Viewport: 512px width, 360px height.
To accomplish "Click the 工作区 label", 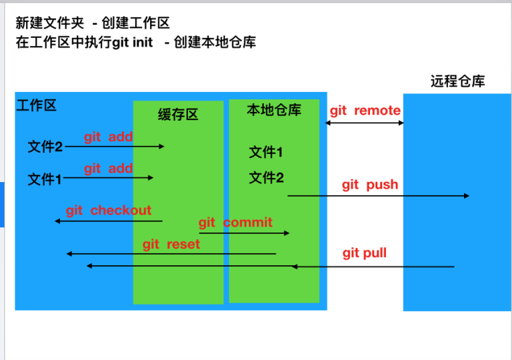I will (36, 105).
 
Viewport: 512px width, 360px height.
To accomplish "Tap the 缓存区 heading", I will (178, 115).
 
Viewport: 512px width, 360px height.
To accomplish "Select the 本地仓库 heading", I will (274, 110).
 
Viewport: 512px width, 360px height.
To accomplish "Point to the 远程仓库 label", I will (457, 82).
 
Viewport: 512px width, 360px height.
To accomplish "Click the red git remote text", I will (365, 111).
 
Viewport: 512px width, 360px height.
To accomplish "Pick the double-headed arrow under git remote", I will (365, 123).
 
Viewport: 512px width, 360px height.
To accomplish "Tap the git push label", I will (370, 185).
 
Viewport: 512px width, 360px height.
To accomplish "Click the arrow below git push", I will (378, 196).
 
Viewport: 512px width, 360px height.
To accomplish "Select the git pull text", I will (365, 253).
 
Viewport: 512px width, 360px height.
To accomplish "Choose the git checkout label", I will (109, 211).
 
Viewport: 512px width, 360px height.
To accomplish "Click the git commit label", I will (235, 223).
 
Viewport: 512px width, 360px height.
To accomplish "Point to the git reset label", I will (171, 245).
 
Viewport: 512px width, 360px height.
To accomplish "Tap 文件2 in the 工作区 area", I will (45, 147).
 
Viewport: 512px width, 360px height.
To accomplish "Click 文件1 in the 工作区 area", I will (45, 179).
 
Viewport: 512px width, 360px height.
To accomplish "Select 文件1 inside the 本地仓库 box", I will (266, 153).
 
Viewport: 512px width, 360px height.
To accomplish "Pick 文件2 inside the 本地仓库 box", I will (266, 178).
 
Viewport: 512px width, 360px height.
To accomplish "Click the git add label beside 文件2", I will (109, 137).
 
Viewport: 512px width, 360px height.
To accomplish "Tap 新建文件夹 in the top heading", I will (50, 23).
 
